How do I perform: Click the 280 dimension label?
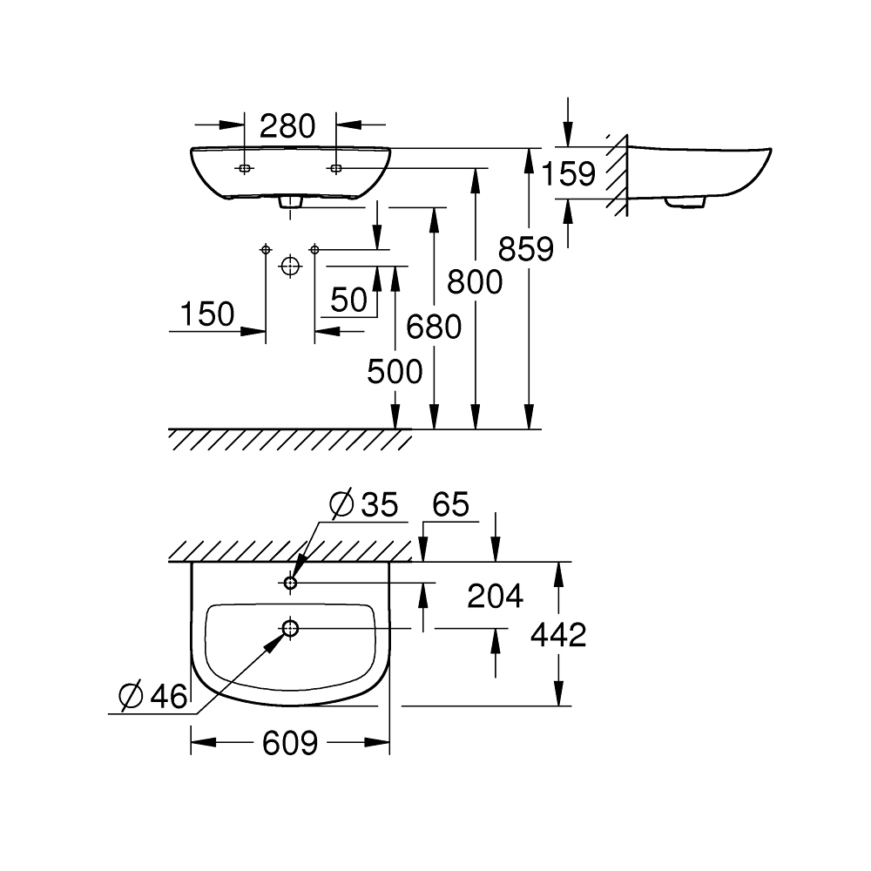pos(287,126)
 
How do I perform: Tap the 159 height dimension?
pos(568,173)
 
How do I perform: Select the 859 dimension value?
pos(526,249)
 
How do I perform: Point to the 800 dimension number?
pos(475,281)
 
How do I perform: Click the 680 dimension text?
pos(433,327)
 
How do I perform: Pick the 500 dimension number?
pos(395,372)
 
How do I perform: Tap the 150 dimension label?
pos(208,314)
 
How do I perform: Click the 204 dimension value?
pos(495,596)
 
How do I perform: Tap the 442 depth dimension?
pos(558,635)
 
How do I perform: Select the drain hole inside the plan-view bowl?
pos(290,627)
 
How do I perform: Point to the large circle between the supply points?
pos(289,266)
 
